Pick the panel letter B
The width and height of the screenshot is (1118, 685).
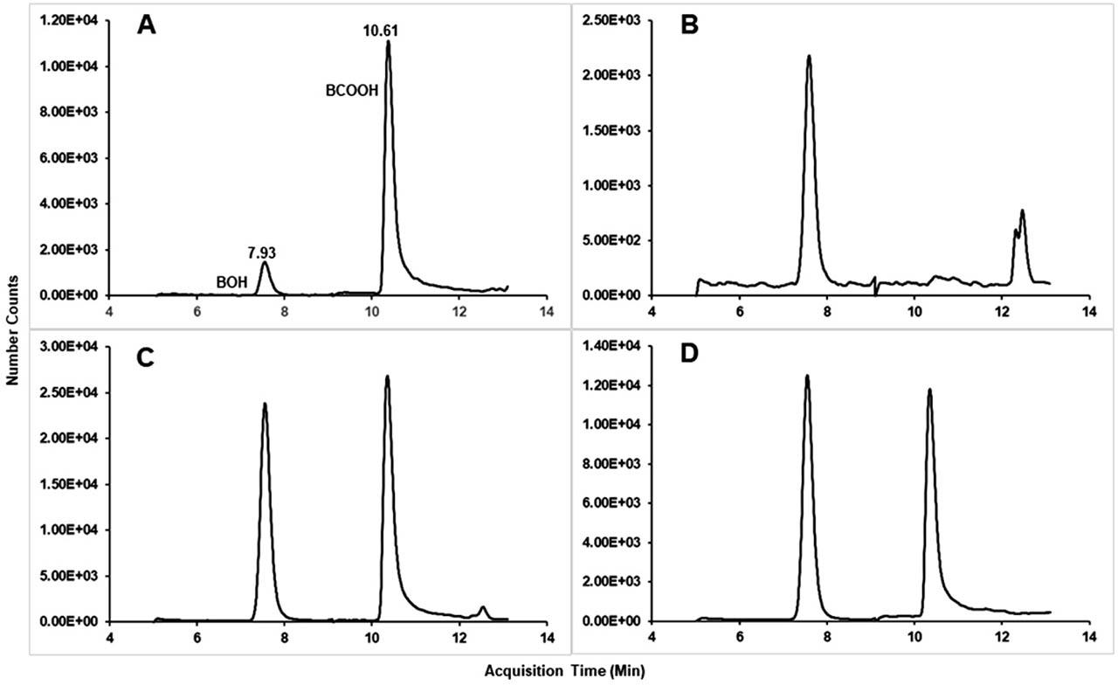tap(688, 25)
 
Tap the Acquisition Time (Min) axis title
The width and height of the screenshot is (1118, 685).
tap(558, 670)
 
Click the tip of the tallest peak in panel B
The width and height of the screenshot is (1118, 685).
tap(809, 57)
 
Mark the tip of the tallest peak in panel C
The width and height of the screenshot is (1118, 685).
tap(387, 377)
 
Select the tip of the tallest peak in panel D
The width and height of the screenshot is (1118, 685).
tap(807, 377)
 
